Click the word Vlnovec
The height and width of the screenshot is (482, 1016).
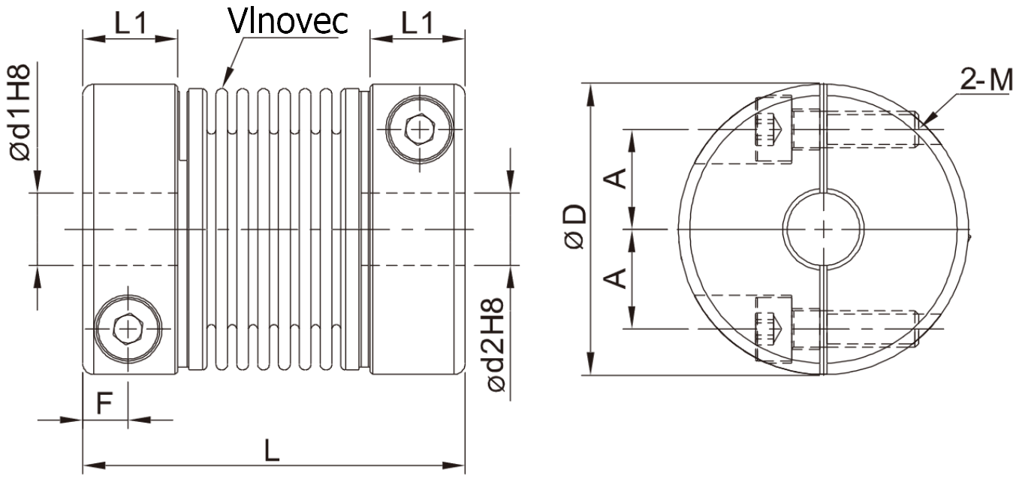pyautogui.click(x=288, y=20)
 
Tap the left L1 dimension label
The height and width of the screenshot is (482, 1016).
pyautogui.click(x=131, y=23)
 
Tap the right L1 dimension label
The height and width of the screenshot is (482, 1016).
pyautogui.click(x=418, y=23)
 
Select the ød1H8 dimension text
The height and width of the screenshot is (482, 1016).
pyautogui.click(x=20, y=113)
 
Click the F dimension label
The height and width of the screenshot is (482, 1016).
pyautogui.click(x=104, y=403)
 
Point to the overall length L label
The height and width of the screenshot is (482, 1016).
pyautogui.click(x=272, y=450)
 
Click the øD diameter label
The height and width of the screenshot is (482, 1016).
pyautogui.click(x=575, y=226)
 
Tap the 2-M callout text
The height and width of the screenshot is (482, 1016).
pyautogui.click(x=986, y=80)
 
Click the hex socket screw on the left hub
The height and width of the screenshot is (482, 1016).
pyautogui.click(x=128, y=328)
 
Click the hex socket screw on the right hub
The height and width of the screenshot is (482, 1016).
pyautogui.click(x=420, y=129)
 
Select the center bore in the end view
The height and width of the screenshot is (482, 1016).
pyautogui.click(x=823, y=229)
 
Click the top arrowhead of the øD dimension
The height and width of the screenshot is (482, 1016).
pyautogui.click(x=591, y=94)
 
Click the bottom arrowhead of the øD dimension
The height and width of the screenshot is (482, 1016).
pyautogui.click(x=591, y=365)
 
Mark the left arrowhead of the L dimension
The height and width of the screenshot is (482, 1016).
pyautogui.click(x=94, y=465)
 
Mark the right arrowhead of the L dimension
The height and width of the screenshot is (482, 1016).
pyautogui.click(x=454, y=465)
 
